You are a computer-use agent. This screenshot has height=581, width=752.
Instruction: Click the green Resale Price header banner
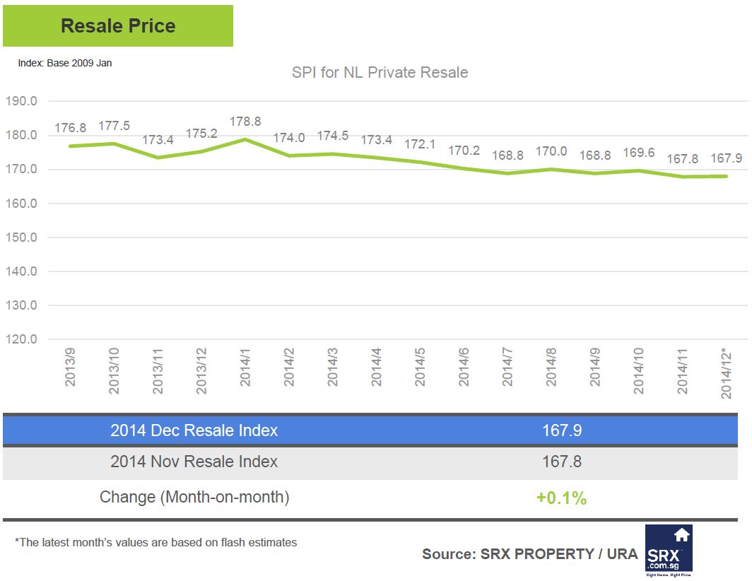click(117, 26)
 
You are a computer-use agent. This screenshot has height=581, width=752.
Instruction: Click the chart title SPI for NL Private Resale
click(380, 73)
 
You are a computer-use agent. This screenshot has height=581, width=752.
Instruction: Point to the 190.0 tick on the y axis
click(21, 101)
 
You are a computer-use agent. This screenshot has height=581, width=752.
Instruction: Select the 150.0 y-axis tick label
click(21, 237)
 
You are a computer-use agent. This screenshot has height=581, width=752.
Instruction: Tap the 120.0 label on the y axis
click(21, 339)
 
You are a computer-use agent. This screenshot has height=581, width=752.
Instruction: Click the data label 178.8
click(245, 122)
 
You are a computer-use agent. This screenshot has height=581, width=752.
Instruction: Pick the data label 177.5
click(114, 125)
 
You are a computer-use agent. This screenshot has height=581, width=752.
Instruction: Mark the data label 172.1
click(420, 143)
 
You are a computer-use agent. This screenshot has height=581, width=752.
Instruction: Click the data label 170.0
click(551, 152)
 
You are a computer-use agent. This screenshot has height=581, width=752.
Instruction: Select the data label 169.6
click(639, 153)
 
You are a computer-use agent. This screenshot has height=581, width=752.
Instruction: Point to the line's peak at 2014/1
click(245, 139)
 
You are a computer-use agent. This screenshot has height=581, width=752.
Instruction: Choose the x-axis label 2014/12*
click(727, 372)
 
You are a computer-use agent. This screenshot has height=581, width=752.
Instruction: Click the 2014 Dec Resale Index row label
click(194, 430)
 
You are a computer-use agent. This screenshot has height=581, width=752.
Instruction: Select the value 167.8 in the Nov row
click(562, 462)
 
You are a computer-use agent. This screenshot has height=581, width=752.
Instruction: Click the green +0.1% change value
click(561, 498)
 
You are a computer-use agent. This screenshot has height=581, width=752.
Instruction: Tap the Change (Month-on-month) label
click(194, 497)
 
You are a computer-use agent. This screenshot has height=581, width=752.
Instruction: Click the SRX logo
click(669, 548)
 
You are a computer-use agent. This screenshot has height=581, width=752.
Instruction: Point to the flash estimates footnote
click(155, 543)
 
